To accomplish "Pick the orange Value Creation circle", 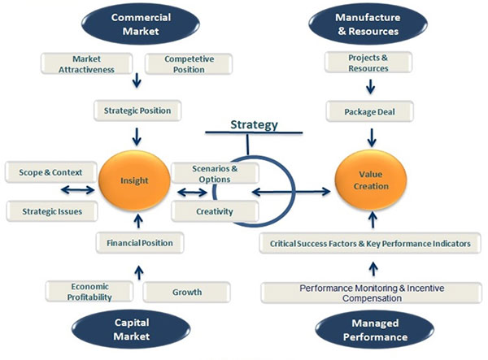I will tap(365, 180).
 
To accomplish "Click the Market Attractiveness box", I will tap(88, 64).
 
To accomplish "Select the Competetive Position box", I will tap(189, 64).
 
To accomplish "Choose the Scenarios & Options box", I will tap(216, 173).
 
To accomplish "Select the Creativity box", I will tap(216, 211).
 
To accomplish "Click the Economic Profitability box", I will tap(89, 291).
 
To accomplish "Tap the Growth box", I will tap(186, 292).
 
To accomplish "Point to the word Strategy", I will tap(254, 125).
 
